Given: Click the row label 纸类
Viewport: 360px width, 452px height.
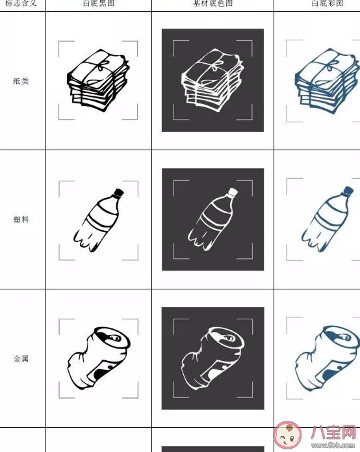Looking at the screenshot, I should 21,81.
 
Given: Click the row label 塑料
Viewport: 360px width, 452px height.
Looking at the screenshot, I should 21,220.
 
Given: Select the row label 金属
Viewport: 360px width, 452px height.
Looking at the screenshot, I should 21,358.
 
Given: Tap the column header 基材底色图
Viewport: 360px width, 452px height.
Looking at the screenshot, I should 212,4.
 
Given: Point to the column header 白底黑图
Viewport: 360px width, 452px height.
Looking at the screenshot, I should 98,4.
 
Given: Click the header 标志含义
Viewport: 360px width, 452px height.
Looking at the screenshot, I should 21,4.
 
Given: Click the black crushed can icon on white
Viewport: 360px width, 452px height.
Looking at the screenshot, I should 97,358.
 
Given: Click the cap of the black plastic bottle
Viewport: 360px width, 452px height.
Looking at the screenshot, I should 119,193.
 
